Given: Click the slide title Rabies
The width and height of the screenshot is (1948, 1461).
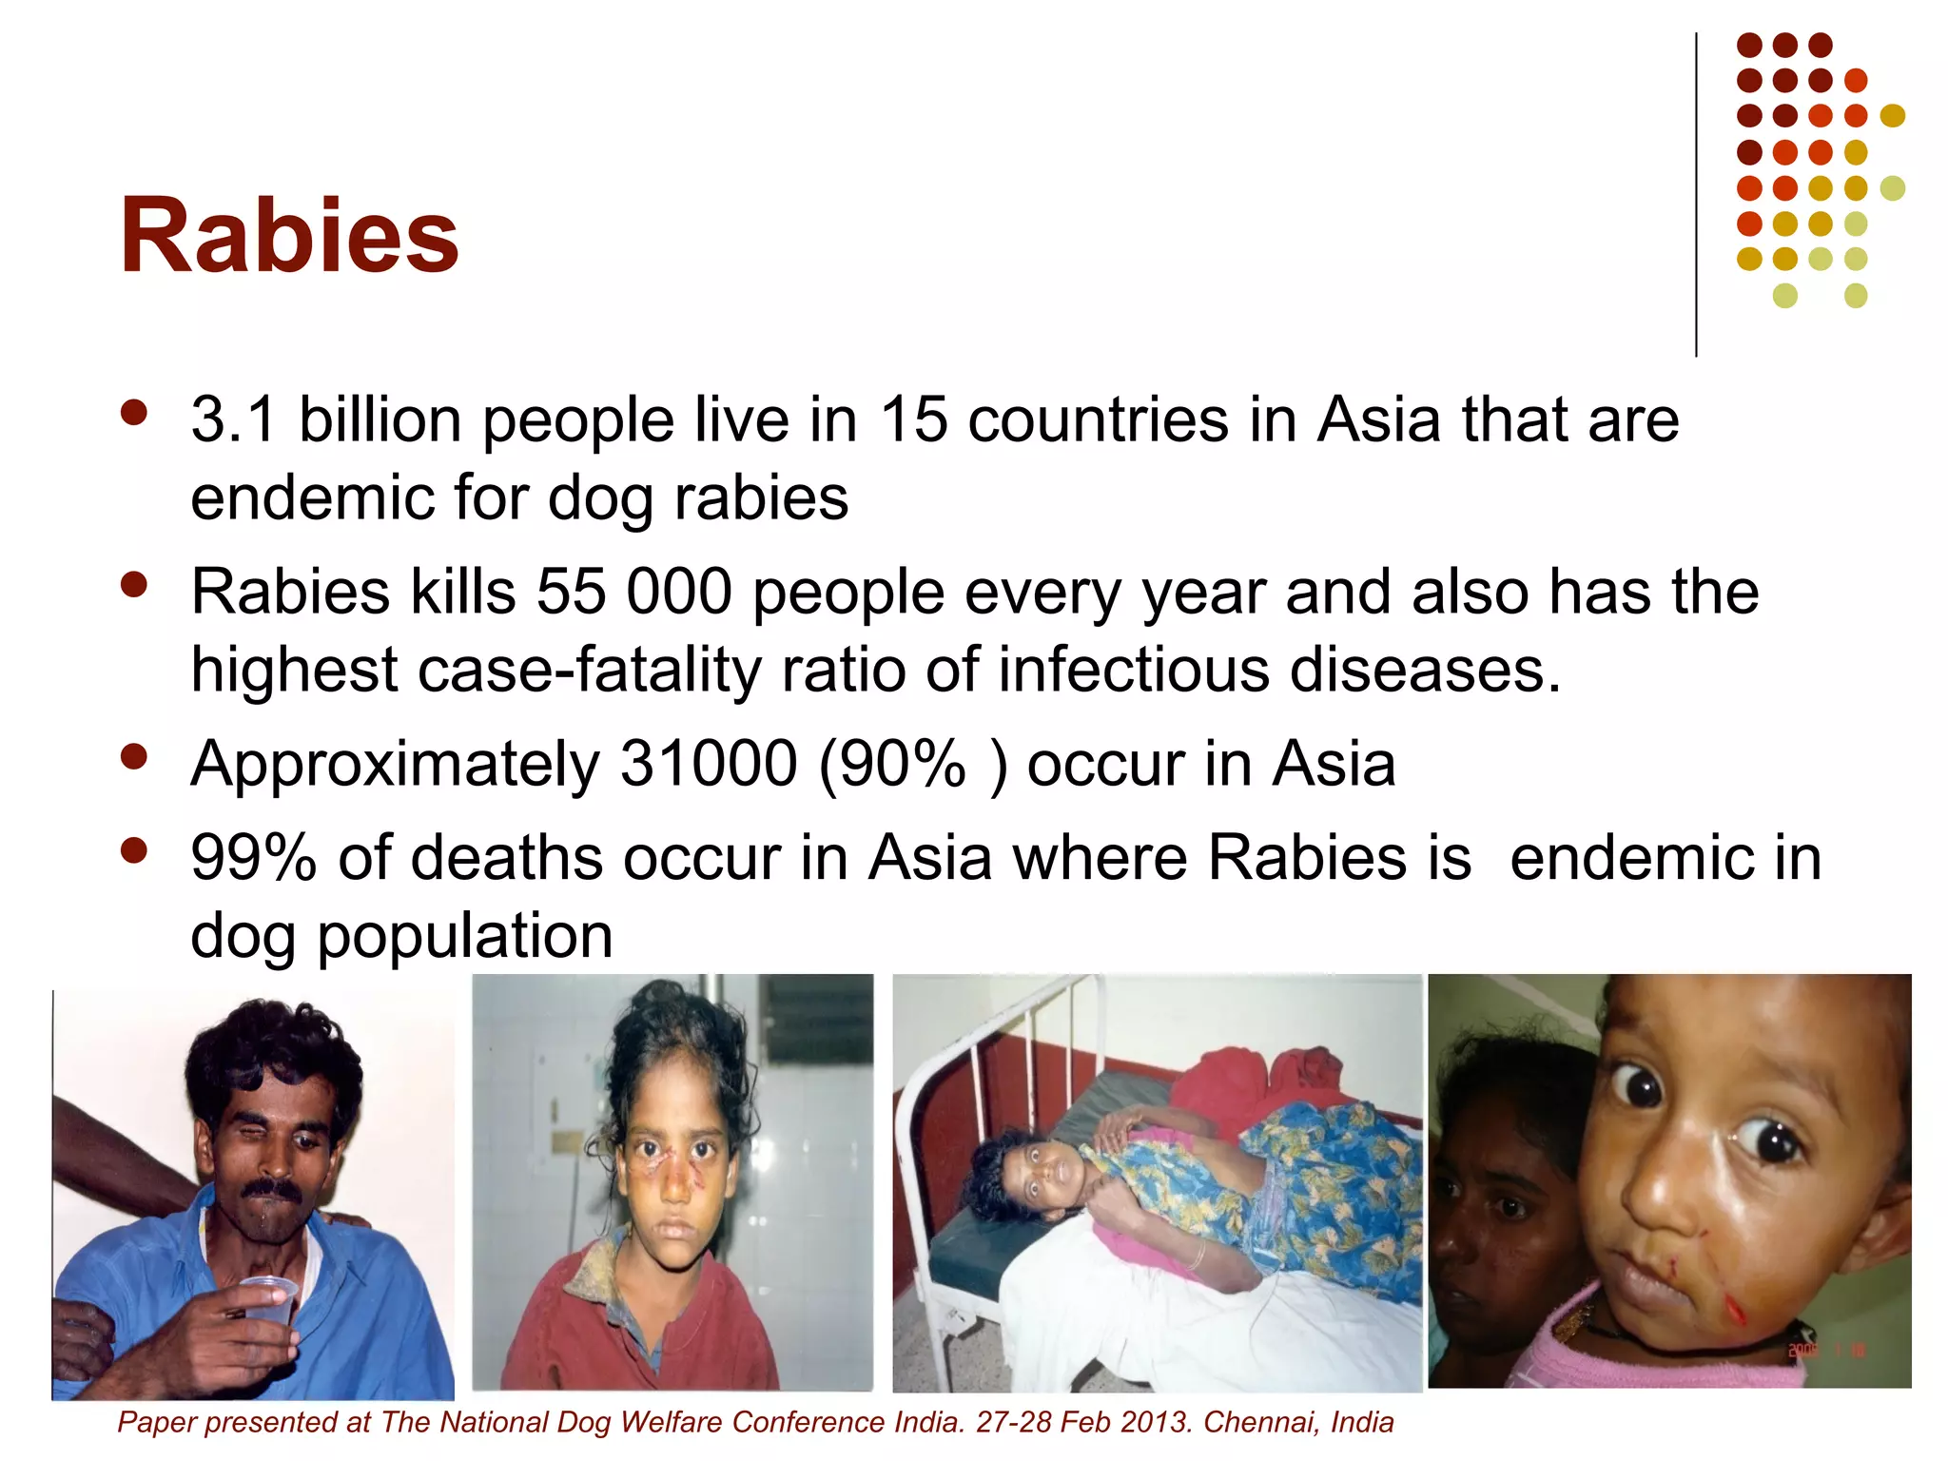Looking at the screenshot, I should tap(289, 236).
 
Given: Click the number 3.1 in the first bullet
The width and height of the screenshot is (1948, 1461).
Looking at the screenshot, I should tap(233, 419).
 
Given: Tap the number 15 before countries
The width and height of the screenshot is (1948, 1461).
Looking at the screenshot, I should tap(913, 419).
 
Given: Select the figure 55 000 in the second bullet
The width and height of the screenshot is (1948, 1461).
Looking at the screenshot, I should tap(633, 592).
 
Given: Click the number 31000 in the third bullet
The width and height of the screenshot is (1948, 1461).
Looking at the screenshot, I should tap(708, 764).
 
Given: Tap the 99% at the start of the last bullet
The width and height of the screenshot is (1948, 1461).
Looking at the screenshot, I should tap(253, 858).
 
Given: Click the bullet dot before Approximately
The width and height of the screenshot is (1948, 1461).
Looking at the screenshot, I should tap(134, 756).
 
